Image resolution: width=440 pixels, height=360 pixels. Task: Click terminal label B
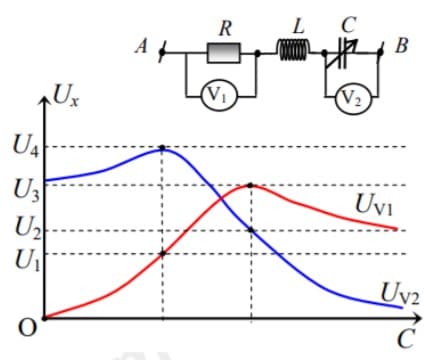pos(402,46)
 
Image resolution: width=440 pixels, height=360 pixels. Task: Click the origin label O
pos(29,326)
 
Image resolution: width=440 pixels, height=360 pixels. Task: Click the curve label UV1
pos(376,206)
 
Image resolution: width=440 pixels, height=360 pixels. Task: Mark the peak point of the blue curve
pos(163,148)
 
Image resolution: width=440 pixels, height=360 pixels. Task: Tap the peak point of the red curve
pos(250,185)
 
